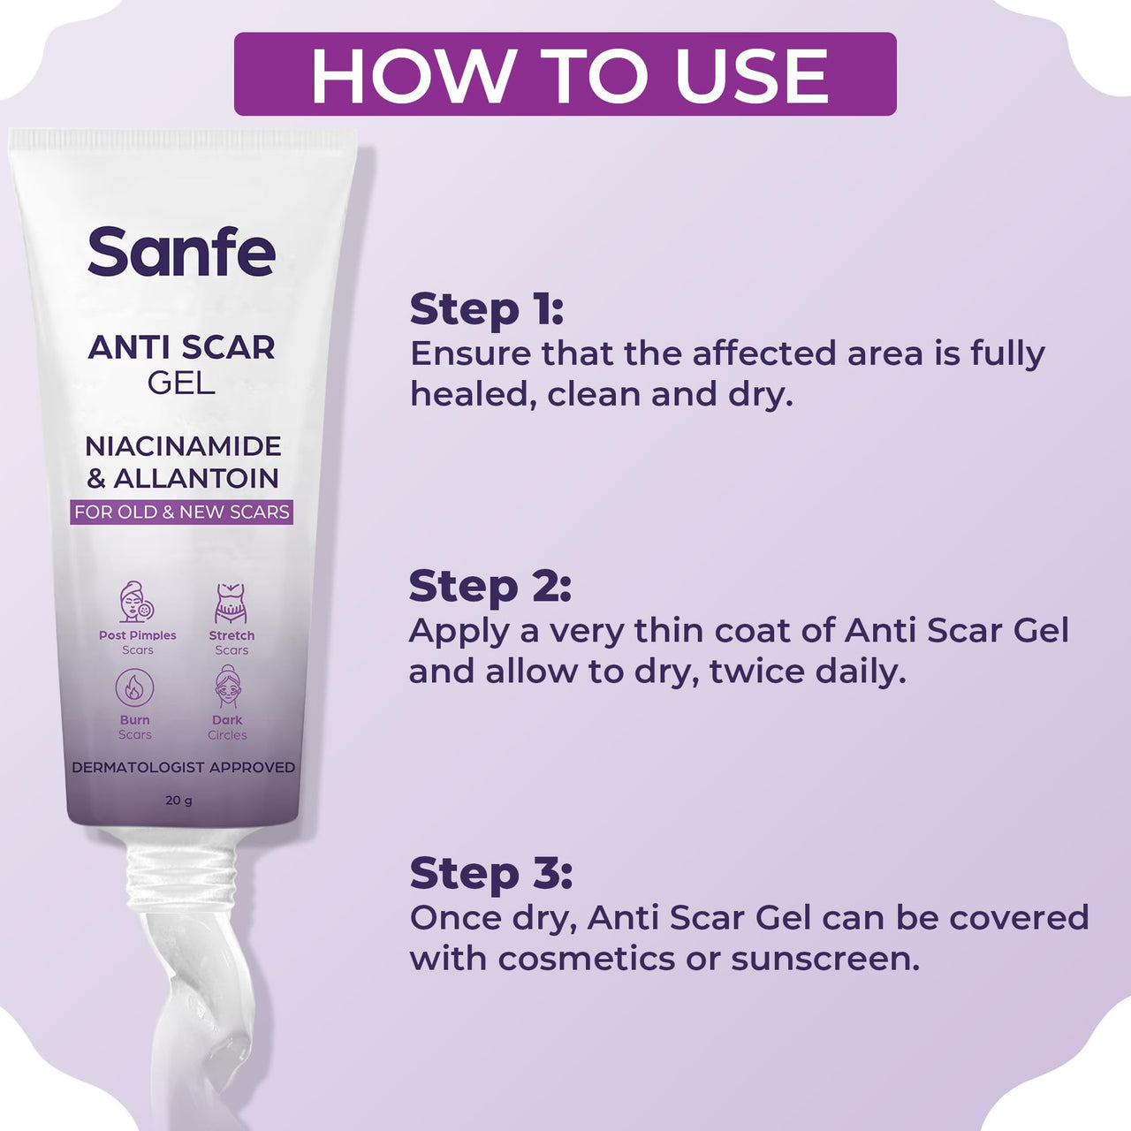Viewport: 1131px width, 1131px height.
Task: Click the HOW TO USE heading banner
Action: (x=565, y=74)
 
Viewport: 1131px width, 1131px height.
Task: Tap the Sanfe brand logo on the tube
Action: (x=181, y=252)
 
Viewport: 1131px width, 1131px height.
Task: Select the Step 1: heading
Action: (x=486, y=310)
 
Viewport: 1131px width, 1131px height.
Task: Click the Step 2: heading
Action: (x=490, y=587)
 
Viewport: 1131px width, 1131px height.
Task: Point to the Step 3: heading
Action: (x=491, y=873)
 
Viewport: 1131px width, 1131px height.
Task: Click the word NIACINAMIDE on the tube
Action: (x=183, y=446)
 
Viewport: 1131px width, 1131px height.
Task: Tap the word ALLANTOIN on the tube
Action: (x=196, y=478)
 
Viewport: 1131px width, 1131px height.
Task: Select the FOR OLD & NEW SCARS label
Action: (x=181, y=512)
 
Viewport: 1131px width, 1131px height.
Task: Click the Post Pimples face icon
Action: (x=137, y=603)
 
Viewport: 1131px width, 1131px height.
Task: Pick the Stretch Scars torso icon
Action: (x=231, y=603)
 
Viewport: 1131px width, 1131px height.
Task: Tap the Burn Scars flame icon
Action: (x=134, y=687)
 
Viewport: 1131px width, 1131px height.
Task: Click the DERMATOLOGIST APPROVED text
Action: (x=183, y=767)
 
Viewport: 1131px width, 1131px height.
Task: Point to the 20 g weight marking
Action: (x=178, y=801)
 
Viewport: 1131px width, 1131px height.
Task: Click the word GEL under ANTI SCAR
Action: (x=181, y=383)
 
